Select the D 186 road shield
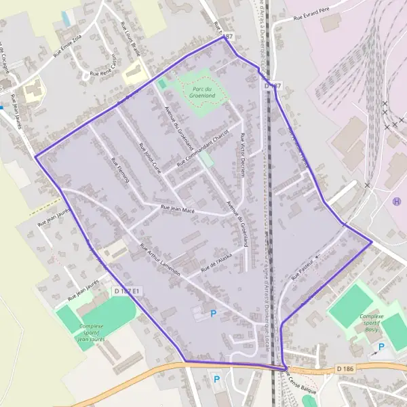pos(345,368)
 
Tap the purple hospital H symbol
pos(396,201)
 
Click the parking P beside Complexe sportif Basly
pos(381,347)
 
